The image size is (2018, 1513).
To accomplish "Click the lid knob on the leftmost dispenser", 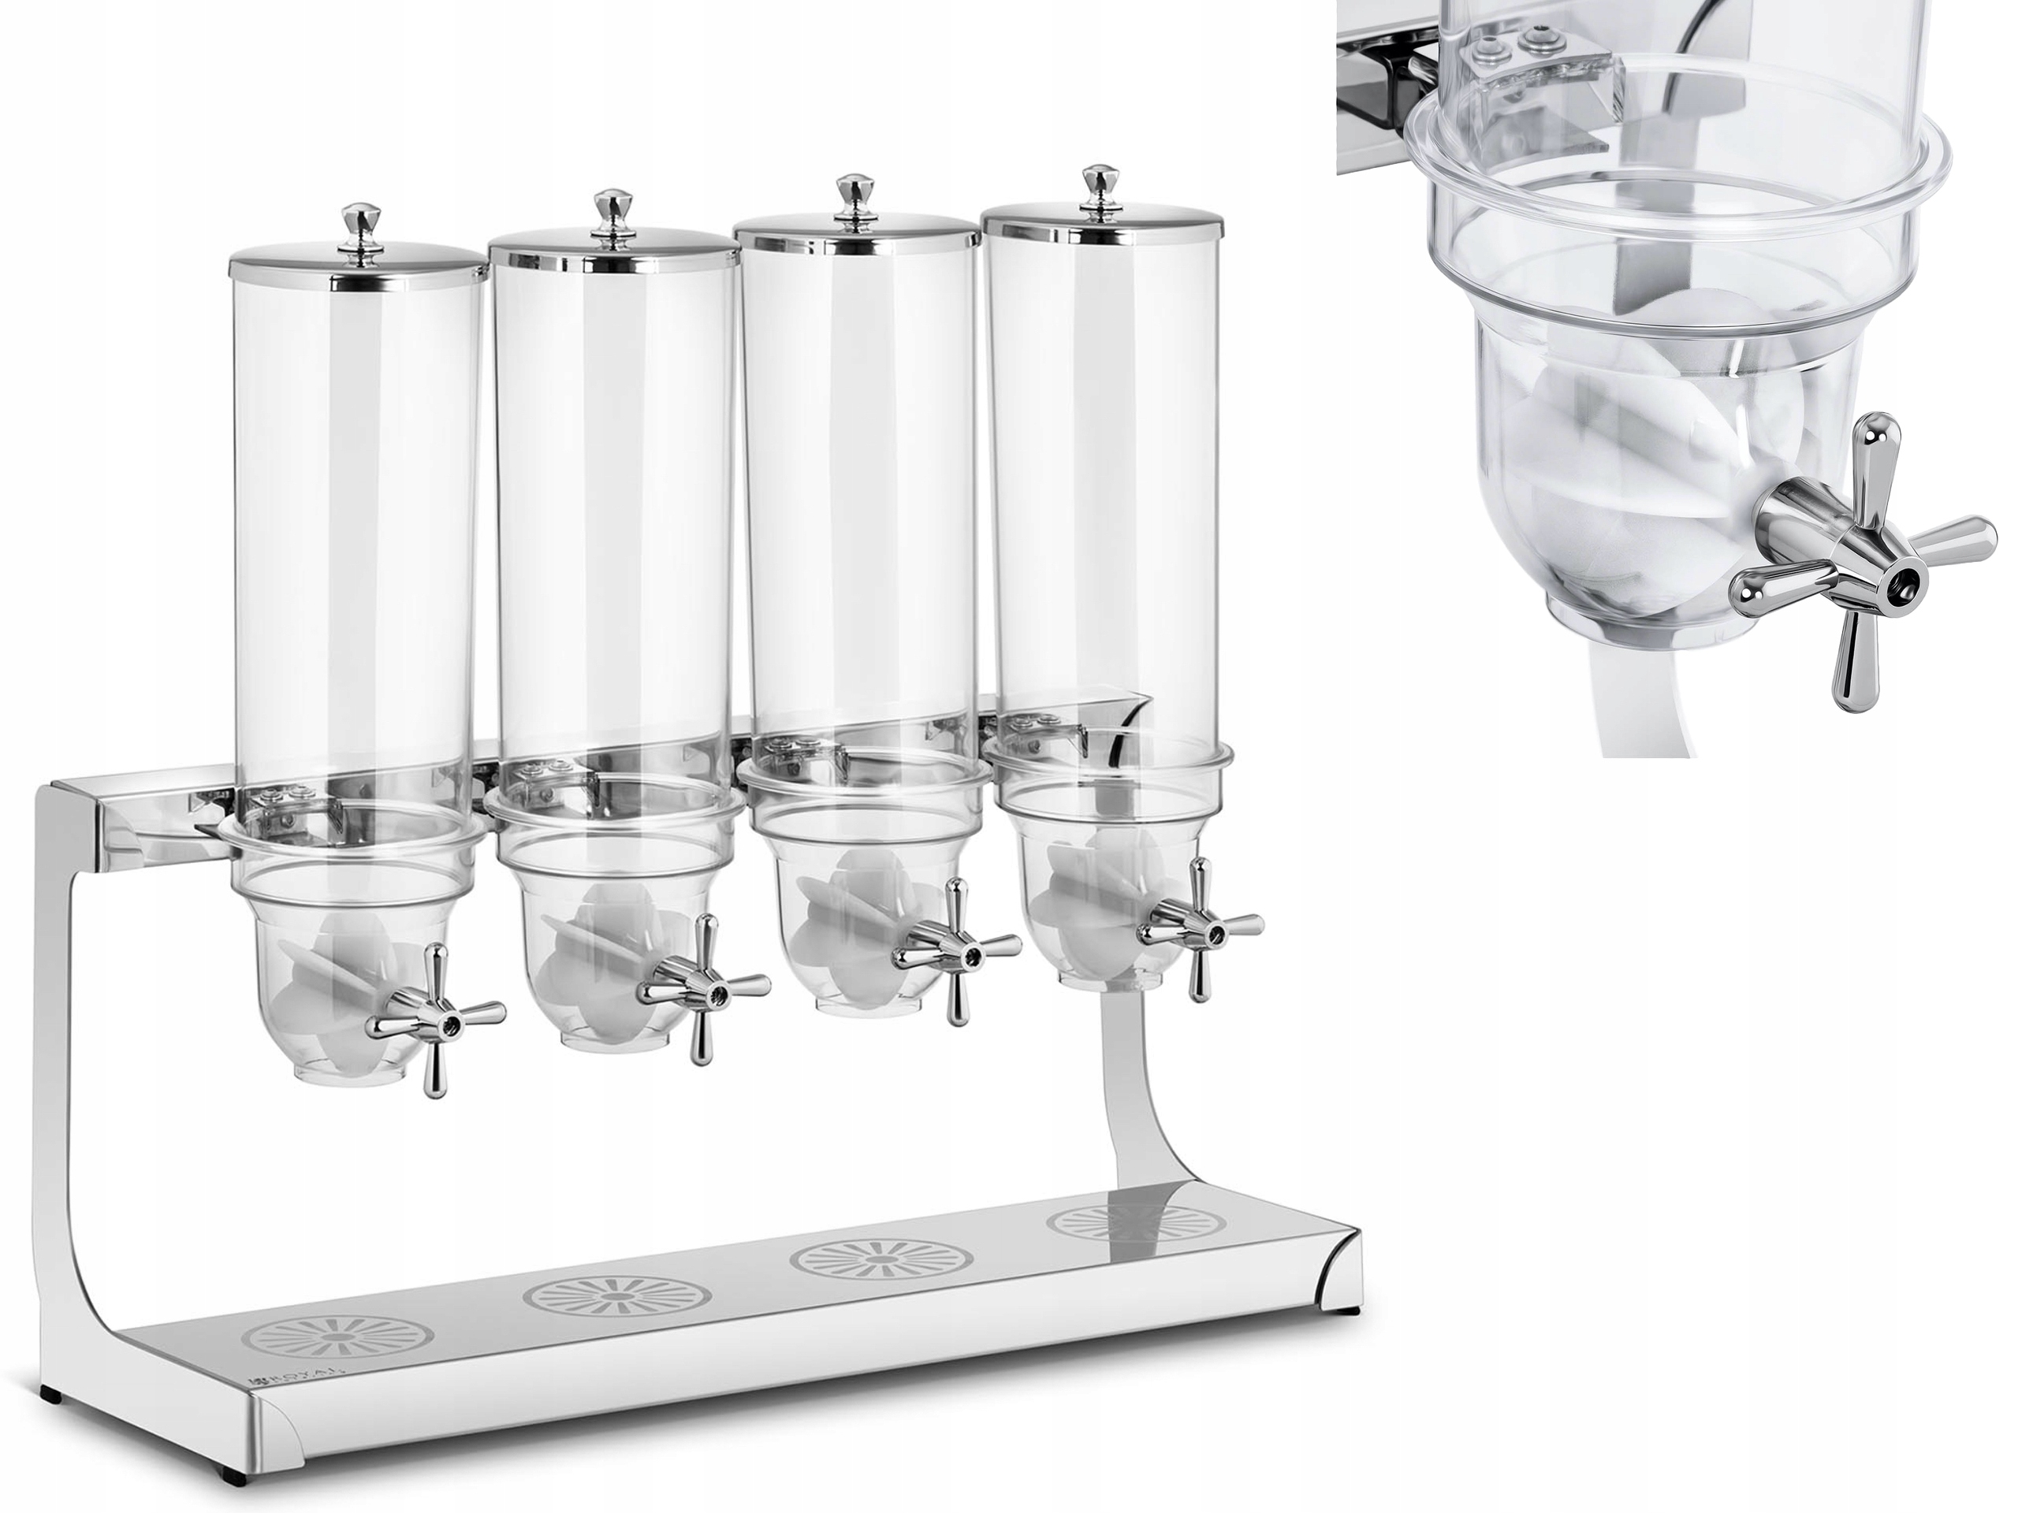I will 358,222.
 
